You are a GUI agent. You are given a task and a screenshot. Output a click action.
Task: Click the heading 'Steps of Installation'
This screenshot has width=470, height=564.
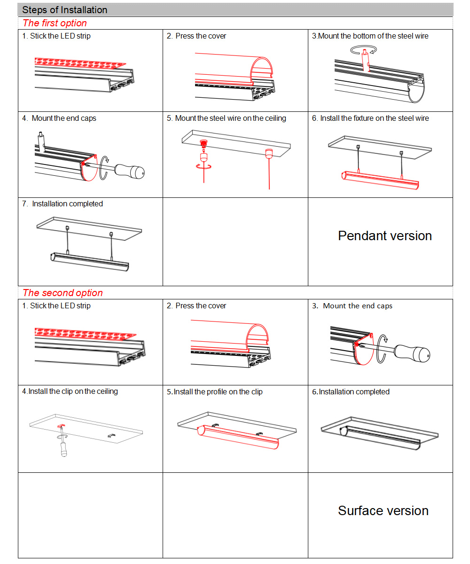[x=65, y=10]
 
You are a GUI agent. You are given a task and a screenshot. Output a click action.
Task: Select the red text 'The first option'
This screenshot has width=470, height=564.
[x=55, y=23]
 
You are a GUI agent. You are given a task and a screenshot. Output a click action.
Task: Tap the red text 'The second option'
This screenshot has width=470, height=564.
[x=63, y=293]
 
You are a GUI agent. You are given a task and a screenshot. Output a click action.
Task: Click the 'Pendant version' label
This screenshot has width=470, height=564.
[x=384, y=235]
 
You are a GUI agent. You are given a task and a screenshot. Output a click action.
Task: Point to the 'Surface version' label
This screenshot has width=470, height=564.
[x=383, y=511]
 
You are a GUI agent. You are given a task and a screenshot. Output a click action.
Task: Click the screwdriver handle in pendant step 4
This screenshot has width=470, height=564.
[x=131, y=171]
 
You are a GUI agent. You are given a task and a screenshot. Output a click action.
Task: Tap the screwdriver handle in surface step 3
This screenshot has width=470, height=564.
[x=412, y=352]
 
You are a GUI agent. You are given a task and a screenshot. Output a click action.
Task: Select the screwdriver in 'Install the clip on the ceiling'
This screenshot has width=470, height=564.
[x=62, y=446]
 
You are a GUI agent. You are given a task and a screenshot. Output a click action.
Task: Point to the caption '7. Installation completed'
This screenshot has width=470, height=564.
[x=63, y=204]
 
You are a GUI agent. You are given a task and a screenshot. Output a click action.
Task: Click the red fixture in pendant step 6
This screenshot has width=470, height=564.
[x=379, y=180]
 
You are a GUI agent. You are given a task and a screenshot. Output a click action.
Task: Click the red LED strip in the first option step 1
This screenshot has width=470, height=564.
[x=80, y=63]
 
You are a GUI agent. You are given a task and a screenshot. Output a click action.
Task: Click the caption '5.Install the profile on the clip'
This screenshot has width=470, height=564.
[x=214, y=392]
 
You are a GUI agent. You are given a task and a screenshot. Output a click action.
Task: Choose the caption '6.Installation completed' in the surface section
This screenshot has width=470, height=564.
[x=351, y=392]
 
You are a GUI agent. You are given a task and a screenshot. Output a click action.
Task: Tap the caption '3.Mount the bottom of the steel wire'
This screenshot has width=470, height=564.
[x=370, y=36]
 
